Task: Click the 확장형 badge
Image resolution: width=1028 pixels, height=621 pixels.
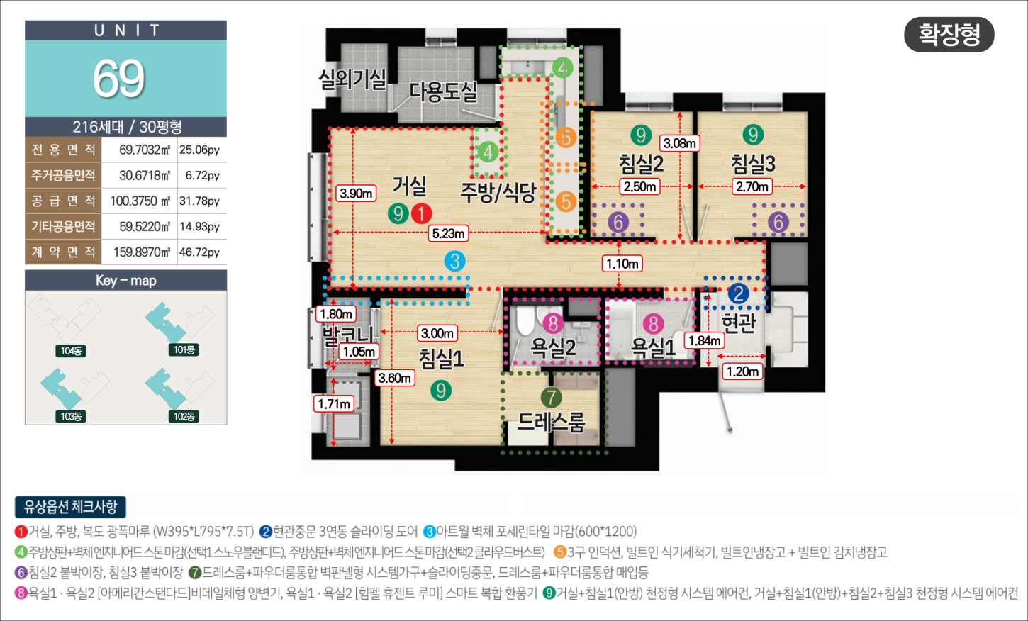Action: tap(949, 35)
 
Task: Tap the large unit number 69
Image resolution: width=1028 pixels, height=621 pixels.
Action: tap(119, 79)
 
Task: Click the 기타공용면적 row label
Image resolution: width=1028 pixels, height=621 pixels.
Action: tap(63, 226)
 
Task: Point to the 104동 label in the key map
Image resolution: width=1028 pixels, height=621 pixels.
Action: tap(71, 351)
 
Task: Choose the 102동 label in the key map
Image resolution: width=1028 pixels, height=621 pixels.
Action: tap(184, 416)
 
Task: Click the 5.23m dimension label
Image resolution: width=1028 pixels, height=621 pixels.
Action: tap(448, 233)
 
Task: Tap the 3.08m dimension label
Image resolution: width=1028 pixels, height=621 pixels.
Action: tap(680, 143)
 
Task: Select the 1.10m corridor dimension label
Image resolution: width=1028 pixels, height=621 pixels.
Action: tap(622, 264)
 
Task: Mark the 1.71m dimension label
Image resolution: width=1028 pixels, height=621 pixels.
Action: tap(334, 404)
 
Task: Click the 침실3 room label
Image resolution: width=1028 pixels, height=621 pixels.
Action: tap(753, 163)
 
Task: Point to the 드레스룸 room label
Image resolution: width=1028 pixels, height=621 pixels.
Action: tap(551, 421)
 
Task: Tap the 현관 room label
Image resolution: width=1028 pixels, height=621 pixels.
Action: tap(739, 323)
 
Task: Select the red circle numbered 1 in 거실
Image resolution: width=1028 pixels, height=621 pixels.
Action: tap(421, 213)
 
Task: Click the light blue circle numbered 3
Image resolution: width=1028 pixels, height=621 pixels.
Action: tap(454, 261)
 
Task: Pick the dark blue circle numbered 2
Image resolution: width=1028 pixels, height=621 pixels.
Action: tap(739, 293)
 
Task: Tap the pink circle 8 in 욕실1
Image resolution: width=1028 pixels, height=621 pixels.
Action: tap(654, 323)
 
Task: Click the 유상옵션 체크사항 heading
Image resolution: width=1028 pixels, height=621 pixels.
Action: tap(70, 507)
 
